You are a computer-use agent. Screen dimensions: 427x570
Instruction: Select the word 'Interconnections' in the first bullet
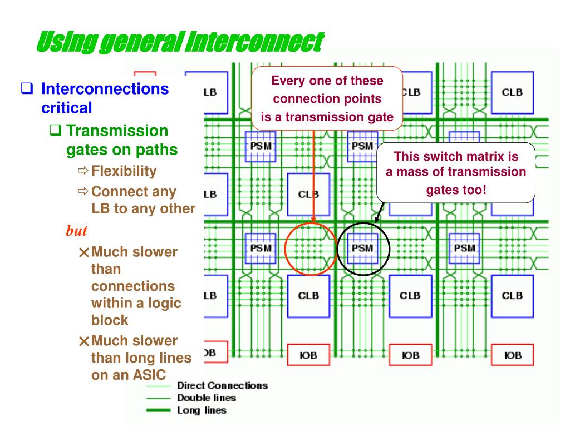(105, 88)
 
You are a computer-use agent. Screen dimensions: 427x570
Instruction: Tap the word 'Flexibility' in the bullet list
(124, 171)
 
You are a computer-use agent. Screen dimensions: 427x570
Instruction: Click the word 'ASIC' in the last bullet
(147, 374)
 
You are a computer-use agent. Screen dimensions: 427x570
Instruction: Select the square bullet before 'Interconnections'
(26, 88)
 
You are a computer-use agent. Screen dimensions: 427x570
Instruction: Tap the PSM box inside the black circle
(362, 249)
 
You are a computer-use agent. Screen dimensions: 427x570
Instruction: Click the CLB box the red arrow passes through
(308, 195)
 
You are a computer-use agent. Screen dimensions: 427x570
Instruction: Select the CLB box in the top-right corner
(512, 92)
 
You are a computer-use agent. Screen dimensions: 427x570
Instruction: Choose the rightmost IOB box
(512, 355)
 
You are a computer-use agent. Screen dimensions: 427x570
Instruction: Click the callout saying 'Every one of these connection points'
(327, 99)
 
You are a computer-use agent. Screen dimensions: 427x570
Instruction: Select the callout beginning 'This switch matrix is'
(456, 172)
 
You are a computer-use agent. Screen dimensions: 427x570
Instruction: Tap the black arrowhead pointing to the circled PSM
(376, 221)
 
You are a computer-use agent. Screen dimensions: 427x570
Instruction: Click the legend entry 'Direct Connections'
(222, 385)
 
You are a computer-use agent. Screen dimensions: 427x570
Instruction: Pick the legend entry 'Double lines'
(206, 398)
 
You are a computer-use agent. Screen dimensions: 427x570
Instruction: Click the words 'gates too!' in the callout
(456, 190)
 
